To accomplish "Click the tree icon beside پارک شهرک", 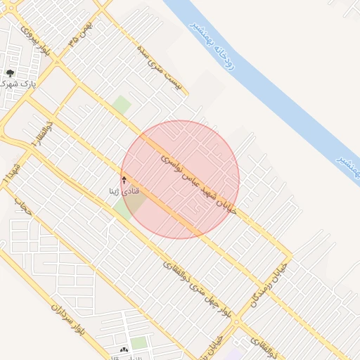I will [10, 74].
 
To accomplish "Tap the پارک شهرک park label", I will [19, 84].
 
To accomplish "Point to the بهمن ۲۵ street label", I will [82, 33].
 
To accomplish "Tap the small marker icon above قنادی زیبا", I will [124, 180].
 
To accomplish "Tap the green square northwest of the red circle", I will [122, 105].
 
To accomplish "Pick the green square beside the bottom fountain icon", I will [139, 343].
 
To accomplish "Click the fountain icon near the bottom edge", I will [124, 349].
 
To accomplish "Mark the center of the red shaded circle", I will [180, 179].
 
